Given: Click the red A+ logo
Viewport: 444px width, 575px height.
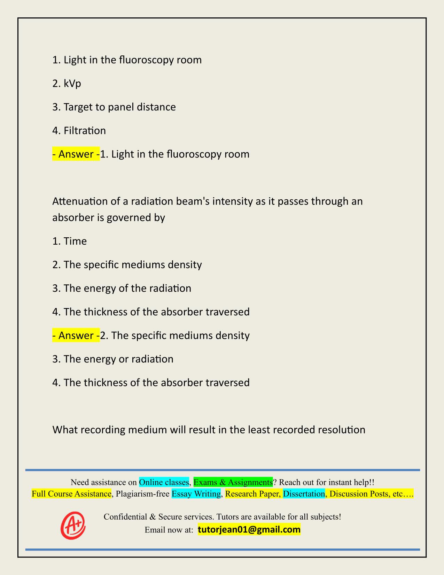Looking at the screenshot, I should [73, 525].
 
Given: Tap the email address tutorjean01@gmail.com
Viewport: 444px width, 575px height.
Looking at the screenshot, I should [249, 530].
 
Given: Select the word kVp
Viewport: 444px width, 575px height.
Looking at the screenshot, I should [72, 84].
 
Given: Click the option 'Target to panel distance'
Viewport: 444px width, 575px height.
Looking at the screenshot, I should [119, 107].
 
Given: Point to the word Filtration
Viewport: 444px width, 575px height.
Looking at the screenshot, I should [85, 131].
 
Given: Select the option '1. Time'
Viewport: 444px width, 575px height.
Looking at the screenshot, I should [70, 241].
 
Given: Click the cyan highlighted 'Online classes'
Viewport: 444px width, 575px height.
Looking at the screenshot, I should [164, 482].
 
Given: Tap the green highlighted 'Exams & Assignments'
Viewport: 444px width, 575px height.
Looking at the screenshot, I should [233, 482].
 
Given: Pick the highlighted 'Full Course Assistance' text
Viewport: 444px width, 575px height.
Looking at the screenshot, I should [72, 494].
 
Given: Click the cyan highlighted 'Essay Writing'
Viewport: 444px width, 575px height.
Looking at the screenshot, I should [196, 494].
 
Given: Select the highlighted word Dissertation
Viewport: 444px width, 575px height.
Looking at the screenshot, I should [304, 494].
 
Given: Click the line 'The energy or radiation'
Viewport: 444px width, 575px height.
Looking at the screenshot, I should [118, 359].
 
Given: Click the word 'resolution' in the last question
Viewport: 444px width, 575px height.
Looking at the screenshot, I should [342, 430].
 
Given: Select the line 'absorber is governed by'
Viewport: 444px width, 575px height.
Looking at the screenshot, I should [109, 218].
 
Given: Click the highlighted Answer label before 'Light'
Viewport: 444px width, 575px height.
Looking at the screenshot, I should [76, 154].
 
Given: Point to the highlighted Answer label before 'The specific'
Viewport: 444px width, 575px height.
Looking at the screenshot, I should [76, 335].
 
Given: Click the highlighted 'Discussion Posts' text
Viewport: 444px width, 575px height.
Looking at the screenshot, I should [358, 494].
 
